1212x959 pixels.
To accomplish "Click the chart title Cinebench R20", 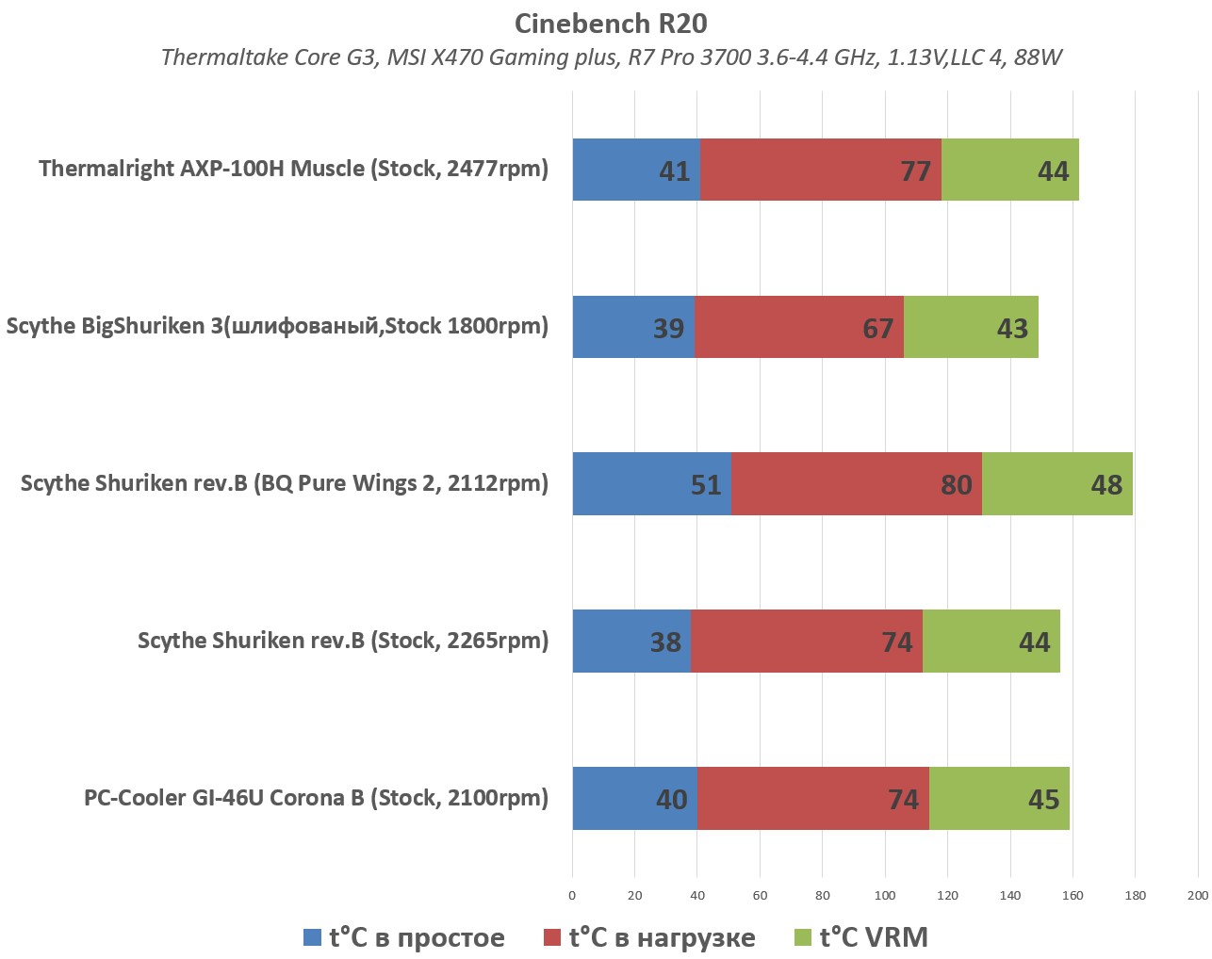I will click(x=611, y=24).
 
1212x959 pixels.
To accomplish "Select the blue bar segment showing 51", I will click(x=651, y=483).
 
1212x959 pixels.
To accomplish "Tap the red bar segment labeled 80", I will click(x=856, y=483).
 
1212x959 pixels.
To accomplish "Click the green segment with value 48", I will click(x=1056, y=483).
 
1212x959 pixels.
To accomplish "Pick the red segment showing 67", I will click(x=799, y=327).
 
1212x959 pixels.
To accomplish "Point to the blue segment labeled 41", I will click(x=636, y=170).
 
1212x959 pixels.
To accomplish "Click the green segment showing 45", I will click(x=999, y=799).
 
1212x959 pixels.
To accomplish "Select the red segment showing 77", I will click(x=820, y=170).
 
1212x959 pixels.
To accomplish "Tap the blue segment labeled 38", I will click(x=631, y=641).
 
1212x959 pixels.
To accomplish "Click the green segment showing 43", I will click(x=971, y=327).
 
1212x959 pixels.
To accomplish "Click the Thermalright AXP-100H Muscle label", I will click(x=293, y=169).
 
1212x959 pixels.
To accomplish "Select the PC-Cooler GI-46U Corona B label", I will click(x=316, y=798).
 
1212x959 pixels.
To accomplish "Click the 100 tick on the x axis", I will click(x=885, y=896).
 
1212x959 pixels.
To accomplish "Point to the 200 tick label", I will click(x=1197, y=896).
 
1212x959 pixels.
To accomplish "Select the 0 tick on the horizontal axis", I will click(x=572, y=896).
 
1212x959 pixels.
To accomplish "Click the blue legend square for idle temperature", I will click(x=312, y=938).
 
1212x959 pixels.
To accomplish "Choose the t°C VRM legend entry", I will click(x=861, y=937).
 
